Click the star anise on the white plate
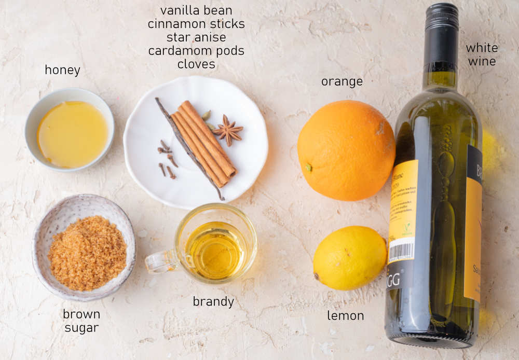[x=228, y=130]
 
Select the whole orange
[x=346, y=150]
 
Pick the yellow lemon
[x=350, y=258]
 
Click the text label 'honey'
[x=62, y=70]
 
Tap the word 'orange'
[x=342, y=81]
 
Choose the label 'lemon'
[x=345, y=315]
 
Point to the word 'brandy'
[x=213, y=301]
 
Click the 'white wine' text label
[x=481, y=54]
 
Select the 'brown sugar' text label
[x=81, y=321]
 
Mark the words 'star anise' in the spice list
[x=196, y=37]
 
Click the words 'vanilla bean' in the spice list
[x=196, y=10]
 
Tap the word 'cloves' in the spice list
[x=196, y=64]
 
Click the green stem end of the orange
[x=308, y=167]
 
